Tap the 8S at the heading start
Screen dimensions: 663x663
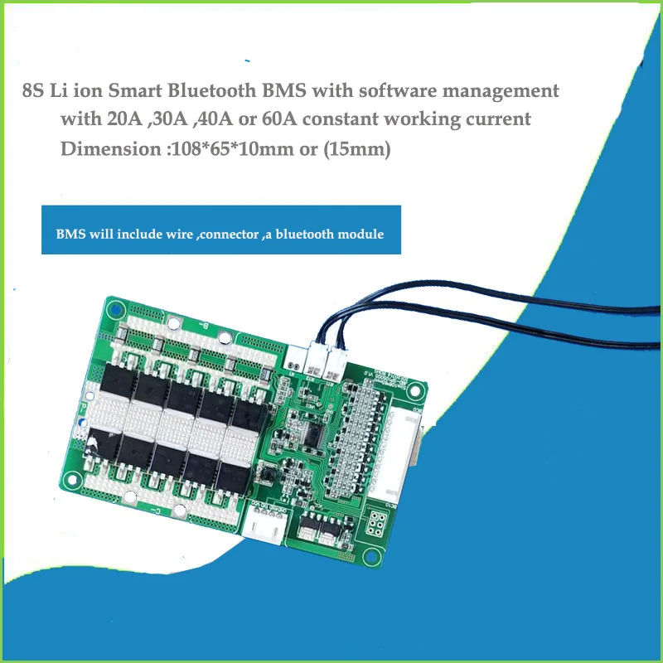35,90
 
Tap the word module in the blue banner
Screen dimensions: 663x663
364,234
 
